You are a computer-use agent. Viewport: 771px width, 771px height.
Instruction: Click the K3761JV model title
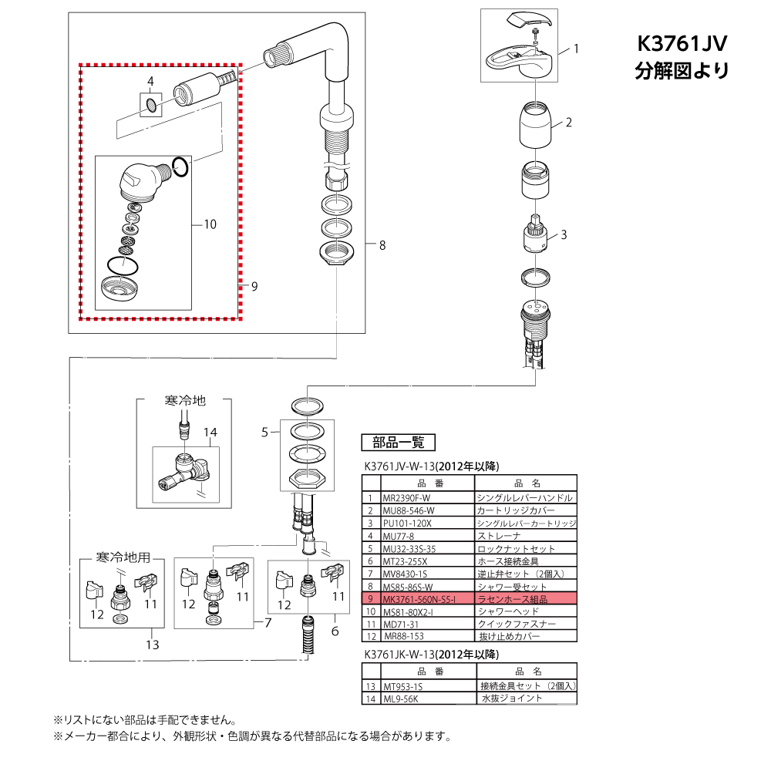[x=682, y=44]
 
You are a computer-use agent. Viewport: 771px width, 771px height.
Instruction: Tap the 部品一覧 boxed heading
[x=398, y=443]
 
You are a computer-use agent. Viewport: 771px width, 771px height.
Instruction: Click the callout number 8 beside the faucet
[x=382, y=246]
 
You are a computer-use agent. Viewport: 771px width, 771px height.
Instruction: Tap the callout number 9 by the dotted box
[x=254, y=286]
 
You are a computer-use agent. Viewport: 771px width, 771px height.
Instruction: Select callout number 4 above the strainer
[x=151, y=81]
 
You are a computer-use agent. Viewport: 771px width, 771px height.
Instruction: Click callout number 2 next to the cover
[x=568, y=122]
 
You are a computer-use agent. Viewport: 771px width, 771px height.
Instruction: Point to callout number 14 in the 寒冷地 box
[x=211, y=433]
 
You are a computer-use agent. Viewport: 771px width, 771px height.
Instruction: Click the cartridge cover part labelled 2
[x=534, y=125]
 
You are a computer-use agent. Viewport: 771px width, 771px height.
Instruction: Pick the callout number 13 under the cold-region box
[x=153, y=644]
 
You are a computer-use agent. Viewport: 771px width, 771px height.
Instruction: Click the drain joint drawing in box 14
[x=184, y=473]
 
